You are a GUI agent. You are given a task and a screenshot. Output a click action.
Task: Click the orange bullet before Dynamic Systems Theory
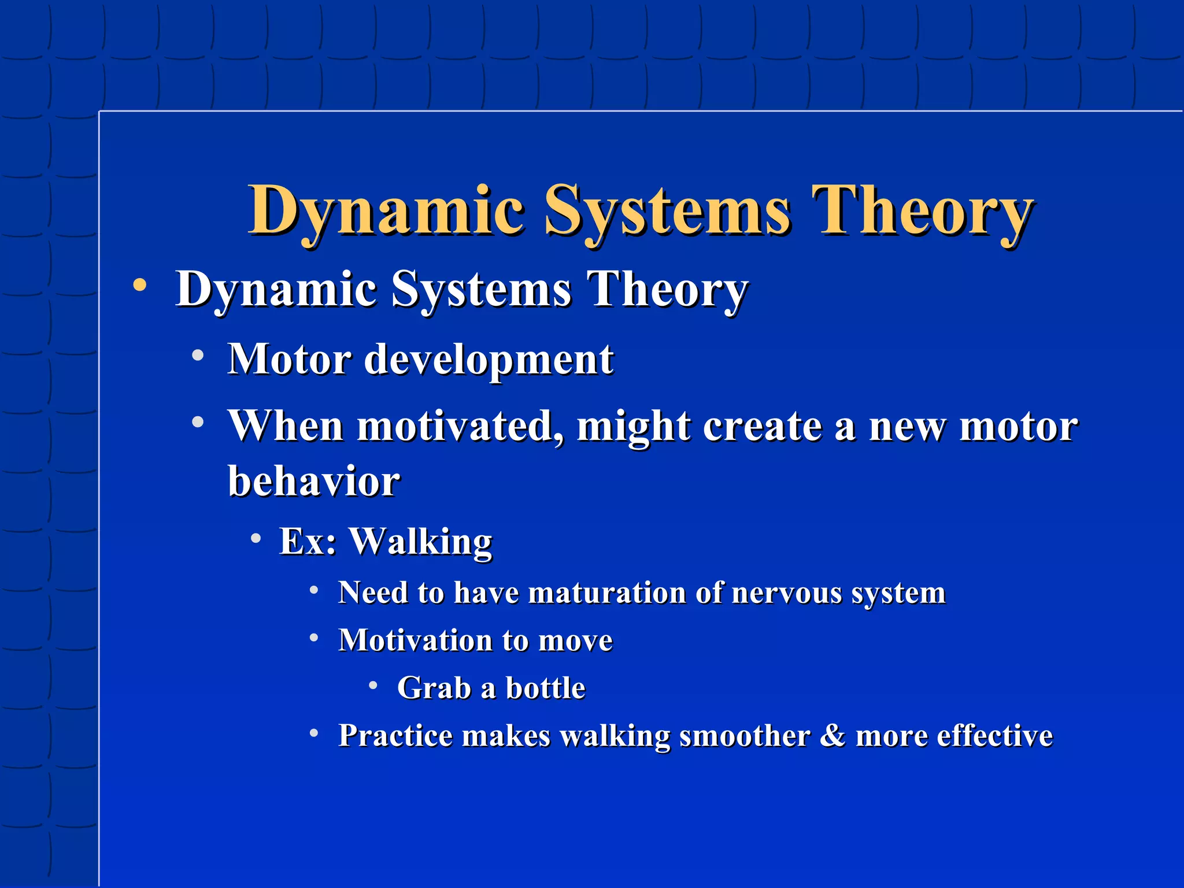139,285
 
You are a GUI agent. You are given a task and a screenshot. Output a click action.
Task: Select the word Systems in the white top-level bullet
481,289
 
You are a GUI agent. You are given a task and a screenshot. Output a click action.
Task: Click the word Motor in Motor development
289,360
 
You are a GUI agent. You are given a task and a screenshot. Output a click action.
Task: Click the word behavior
313,481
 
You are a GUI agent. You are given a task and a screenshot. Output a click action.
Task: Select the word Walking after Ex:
420,542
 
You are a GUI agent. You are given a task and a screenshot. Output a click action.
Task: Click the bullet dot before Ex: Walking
256,538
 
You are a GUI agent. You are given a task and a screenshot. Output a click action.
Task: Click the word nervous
786,593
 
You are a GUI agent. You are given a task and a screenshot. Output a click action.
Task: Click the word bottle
545,688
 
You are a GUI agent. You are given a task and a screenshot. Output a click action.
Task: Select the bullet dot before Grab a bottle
373,686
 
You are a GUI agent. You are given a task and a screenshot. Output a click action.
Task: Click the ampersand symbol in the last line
832,735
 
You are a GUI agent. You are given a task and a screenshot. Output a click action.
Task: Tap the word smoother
744,735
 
